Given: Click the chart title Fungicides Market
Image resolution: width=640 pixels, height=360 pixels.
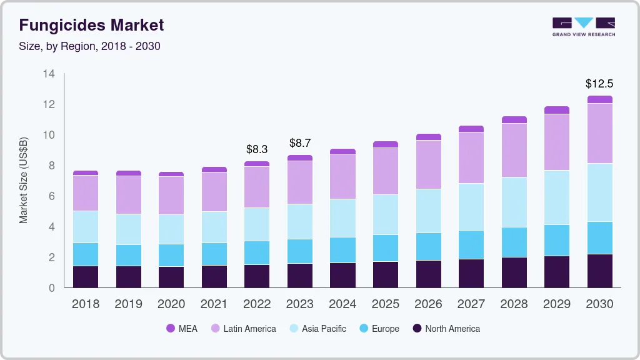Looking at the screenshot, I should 91,25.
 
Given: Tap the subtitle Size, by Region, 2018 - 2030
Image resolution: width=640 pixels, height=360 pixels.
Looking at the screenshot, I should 89,46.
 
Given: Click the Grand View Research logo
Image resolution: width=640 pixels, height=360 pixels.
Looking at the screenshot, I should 584,26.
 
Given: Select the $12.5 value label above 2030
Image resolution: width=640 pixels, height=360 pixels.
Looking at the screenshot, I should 599,83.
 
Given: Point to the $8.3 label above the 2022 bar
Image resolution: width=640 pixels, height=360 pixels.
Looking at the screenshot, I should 257,149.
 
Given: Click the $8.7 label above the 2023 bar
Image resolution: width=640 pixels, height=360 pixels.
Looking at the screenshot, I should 300,143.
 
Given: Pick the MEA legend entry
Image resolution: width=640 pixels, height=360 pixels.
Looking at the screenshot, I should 182,329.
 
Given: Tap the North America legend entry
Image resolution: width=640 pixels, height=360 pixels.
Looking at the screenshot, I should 446,329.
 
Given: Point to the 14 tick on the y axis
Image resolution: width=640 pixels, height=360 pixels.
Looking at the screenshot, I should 49,74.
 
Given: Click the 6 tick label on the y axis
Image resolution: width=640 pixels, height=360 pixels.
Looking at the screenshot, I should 52,196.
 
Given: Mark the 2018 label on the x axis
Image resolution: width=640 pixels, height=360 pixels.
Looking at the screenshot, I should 86,304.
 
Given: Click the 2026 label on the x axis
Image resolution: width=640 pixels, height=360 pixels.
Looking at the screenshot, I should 428,304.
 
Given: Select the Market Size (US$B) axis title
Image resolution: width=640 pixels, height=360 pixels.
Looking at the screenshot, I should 24,181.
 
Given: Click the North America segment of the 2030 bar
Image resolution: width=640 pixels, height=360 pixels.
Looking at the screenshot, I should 599,271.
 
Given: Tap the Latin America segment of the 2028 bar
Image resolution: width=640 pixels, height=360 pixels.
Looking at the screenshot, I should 514,150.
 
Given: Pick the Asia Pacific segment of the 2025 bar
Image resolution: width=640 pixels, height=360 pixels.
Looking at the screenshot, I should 386,214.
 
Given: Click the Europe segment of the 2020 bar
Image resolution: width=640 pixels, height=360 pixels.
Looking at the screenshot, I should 171,255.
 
